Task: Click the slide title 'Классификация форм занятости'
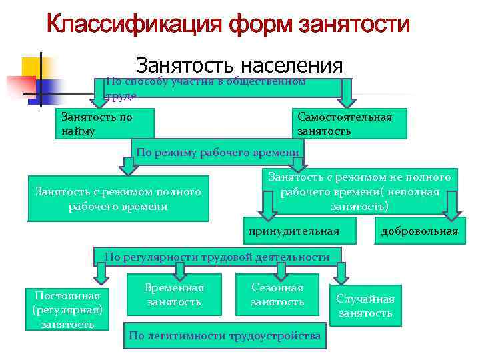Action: (x=228, y=26)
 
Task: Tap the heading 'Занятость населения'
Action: (x=239, y=67)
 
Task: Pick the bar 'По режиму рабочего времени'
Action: (x=217, y=153)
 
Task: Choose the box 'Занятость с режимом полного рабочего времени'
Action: (x=118, y=199)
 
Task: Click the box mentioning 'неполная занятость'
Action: (x=359, y=192)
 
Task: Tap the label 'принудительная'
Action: (x=294, y=231)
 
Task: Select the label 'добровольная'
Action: (x=419, y=231)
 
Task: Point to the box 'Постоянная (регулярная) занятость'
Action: (x=67, y=309)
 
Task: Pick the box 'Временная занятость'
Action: (x=174, y=295)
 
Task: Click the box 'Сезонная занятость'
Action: (x=277, y=295)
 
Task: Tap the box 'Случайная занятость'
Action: (x=365, y=306)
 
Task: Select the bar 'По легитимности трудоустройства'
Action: (x=225, y=335)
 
